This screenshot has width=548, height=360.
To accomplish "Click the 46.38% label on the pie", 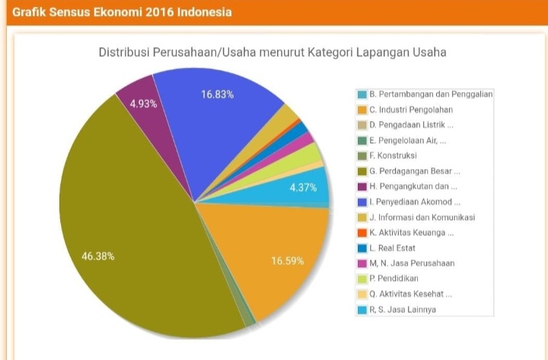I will pos(97,256).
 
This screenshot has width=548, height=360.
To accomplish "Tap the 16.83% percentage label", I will pos(217,95).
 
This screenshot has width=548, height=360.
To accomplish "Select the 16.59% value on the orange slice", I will pos(287,261).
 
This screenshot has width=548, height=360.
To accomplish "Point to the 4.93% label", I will pos(143,104).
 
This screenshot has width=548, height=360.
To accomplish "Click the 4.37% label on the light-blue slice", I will pos(303,188).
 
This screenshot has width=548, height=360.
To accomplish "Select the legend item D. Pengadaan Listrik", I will pos(411,125).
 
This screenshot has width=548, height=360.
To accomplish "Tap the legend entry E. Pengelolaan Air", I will pos(407,140).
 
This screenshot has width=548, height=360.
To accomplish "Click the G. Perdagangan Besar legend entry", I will pos(414,171).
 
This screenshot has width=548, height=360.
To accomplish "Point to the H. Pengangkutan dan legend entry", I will pos(413,186).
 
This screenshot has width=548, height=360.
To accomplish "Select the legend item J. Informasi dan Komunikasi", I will pos(422,217).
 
